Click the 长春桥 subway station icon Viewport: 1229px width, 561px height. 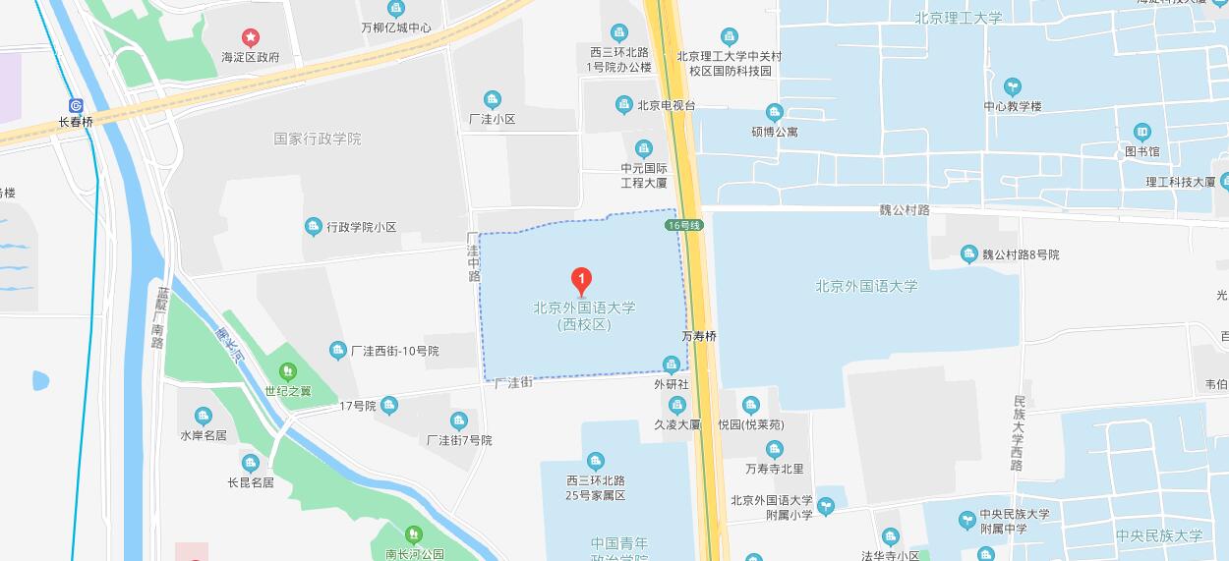[76, 105]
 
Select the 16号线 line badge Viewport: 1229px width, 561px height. [684, 225]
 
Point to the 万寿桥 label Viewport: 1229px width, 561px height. [699, 336]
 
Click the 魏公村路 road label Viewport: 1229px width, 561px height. [904, 210]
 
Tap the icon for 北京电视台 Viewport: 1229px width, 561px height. [623, 105]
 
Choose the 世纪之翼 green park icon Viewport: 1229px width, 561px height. [287, 371]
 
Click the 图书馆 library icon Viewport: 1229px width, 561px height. [1141, 132]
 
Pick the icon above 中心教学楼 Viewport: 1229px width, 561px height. [1012, 86]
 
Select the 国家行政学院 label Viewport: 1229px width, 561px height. [318, 140]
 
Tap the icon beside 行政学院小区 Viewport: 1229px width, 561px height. [313, 227]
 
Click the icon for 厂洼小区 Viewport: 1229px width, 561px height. [493, 99]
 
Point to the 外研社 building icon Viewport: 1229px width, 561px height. [672, 365]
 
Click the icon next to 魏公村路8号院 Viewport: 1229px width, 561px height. [968, 254]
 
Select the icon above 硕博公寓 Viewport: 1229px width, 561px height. [775, 112]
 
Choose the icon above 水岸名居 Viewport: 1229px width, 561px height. [203, 416]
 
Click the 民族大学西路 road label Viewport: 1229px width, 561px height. [1019, 432]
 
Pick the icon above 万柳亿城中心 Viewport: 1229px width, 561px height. [396, 9]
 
